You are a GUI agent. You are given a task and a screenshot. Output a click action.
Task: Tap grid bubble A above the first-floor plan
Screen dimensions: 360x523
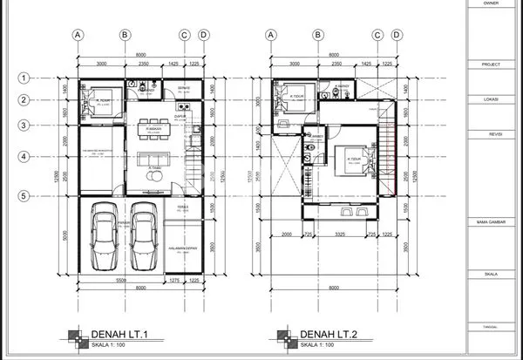tap(78, 35)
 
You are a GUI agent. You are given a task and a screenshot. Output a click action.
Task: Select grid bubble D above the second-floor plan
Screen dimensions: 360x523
tap(397, 35)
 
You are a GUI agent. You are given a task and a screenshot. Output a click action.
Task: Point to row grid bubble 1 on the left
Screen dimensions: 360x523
tap(25, 78)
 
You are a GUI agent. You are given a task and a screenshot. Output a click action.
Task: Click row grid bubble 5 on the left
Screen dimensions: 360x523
tap(25, 196)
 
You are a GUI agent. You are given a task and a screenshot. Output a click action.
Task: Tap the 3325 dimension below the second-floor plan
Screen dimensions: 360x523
tap(336, 234)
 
